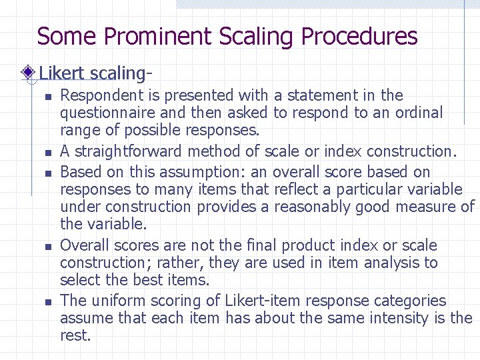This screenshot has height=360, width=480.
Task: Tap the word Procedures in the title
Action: click(x=359, y=36)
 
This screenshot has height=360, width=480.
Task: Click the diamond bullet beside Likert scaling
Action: click(x=28, y=71)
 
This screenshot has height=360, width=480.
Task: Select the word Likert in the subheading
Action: click(x=62, y=71)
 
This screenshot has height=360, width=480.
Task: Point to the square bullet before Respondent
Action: click(x=48, y=97)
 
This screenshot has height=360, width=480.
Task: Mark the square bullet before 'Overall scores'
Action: click(x=48, y=247)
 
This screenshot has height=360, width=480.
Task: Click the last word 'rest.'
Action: click(x=75, y=335)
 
